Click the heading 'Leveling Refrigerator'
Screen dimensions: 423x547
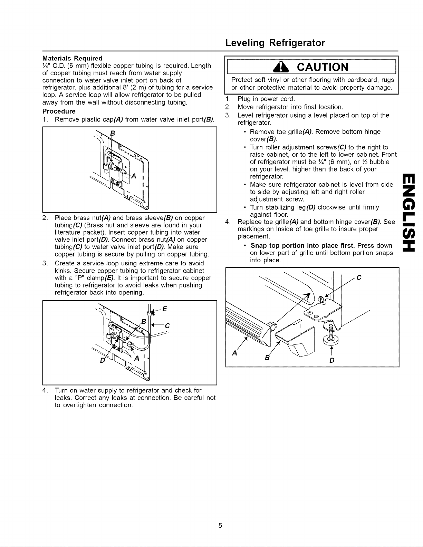coord(275,43)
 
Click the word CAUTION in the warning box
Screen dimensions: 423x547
coord(323,67)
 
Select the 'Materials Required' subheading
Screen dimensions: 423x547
coord(72,58)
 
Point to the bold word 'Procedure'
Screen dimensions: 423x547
coord(59,111)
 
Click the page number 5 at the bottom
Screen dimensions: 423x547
coord(220,525)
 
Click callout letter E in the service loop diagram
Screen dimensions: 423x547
coord(165,309)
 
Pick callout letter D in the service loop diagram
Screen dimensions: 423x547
coord(103,361)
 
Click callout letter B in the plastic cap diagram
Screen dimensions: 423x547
coord(113,134)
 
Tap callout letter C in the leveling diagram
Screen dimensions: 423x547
coord(359,278)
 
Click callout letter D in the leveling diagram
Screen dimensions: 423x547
coord(332,361)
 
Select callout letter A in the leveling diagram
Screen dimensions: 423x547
coord(235,353)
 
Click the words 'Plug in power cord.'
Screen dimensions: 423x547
coord(266,99)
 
